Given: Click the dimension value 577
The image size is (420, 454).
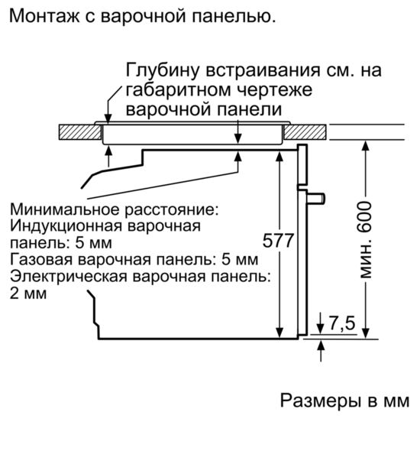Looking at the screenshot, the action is (x=278, y=240).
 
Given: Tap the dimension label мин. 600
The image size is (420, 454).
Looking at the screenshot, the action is (x=365, y=239).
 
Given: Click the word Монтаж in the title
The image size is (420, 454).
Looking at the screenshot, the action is (x=44, y=16).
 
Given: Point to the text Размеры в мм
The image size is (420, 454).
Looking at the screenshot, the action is (x=344, y=401).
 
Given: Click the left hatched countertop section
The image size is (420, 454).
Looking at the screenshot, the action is (x=80, y=131).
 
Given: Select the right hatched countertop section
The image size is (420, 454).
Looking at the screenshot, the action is (x=305, y=131).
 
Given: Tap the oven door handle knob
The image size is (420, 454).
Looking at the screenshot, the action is (x=316, y=198).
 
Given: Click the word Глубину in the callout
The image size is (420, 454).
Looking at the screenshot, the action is (x=163, y=70).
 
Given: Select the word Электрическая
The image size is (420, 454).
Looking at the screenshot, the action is (x=69, y=277).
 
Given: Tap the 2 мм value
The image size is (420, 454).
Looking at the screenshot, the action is (x=28, y=293).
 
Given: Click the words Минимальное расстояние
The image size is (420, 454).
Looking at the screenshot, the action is (x=115, y=209).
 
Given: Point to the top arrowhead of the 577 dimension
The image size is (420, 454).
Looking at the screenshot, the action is (x=279, y=156).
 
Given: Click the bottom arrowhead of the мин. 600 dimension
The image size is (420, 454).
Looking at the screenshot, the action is (x=366, y=333).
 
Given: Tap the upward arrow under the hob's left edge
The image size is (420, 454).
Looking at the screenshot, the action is (x=108, y=157).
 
